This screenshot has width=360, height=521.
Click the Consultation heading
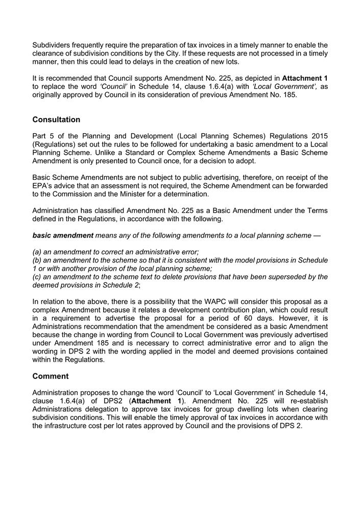point(56,120)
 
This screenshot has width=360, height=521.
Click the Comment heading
point(50,376)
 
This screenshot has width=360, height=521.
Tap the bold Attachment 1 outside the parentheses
point(305,79)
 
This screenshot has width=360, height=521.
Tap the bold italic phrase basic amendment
point(63,235)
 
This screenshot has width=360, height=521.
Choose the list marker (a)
point(38,252)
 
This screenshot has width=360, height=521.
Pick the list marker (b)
point(38,260)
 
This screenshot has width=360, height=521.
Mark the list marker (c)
point(38,277)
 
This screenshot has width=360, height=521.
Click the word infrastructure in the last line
point(70,425)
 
